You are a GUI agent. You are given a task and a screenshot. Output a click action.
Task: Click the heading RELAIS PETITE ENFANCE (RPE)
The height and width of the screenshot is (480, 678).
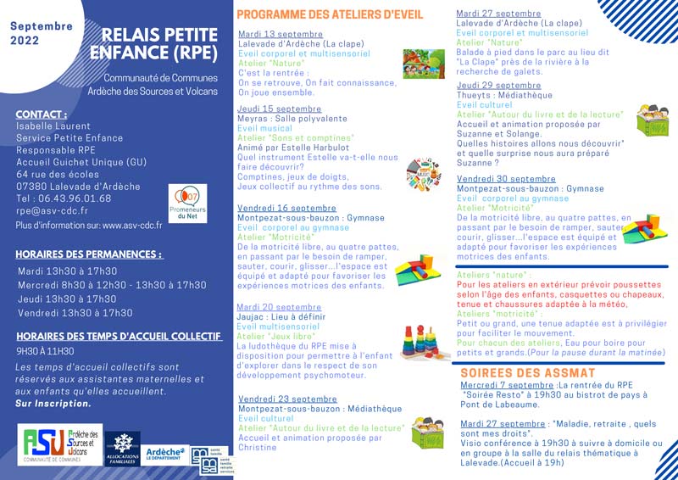[159, 44]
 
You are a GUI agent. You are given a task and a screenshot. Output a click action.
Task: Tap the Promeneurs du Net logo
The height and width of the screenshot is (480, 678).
[187, 204]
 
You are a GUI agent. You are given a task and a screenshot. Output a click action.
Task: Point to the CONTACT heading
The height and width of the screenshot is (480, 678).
[42, 114]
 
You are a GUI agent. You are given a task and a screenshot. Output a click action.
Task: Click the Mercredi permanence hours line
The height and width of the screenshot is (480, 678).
[112, 285]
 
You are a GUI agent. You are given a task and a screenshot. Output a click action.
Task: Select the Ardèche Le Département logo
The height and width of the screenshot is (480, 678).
[164, 454]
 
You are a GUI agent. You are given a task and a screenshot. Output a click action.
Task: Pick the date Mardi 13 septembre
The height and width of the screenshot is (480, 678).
[269, 35]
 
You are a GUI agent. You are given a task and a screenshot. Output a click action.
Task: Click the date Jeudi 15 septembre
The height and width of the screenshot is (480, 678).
[279, 109]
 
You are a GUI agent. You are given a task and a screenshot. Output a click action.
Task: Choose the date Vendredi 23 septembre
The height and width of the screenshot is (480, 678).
[287, 399]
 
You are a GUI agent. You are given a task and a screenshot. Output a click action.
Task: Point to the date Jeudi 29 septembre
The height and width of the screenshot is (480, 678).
[498, 86]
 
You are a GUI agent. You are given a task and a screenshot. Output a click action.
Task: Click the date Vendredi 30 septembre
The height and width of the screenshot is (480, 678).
[506, 179]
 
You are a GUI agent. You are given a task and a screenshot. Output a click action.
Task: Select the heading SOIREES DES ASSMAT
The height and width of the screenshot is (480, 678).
[527, 373]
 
